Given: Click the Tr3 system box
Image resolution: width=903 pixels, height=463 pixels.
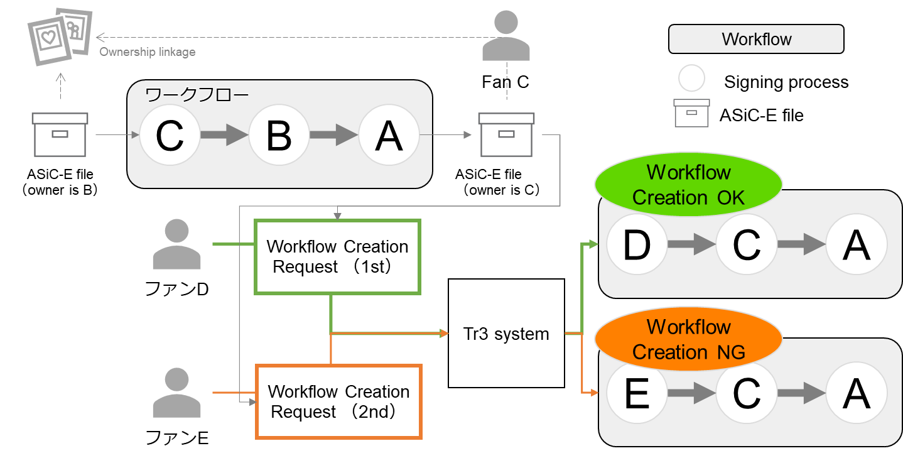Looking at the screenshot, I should [x=506, y=334].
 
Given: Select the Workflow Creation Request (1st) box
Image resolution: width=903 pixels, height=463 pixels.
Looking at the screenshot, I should [x=337, y=256].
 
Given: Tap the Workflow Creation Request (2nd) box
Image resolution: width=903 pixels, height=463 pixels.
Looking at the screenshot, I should [x=338, y=401].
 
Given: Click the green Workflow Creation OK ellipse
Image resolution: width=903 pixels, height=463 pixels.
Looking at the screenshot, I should [x=688, y=185].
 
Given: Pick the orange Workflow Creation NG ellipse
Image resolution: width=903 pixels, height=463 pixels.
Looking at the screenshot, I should [x=688, y=339].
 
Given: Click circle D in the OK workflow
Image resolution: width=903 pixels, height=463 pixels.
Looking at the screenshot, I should [x=636, y=246].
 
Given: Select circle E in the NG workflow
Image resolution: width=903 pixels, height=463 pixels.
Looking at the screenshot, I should [x=636, y=394].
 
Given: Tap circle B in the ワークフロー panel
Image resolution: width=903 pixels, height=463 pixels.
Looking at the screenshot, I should [x=279, y=135].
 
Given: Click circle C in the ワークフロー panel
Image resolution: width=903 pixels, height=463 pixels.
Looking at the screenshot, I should [x=170, y=135].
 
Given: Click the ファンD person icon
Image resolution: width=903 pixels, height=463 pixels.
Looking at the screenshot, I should [x=176, y=245].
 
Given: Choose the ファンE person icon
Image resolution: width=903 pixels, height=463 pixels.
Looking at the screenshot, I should [x=176, y=393].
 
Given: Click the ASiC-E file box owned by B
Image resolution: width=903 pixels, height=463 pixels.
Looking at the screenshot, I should [x=60, y=134].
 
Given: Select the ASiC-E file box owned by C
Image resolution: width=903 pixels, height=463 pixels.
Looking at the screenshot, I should [x=506, y=134].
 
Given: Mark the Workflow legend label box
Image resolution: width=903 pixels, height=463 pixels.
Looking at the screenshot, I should [x=756, y=39].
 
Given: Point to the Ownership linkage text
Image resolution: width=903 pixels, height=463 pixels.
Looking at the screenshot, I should [x=148, y=52].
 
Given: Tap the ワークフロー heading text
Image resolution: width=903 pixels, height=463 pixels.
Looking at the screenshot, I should [x=197, y=95].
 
